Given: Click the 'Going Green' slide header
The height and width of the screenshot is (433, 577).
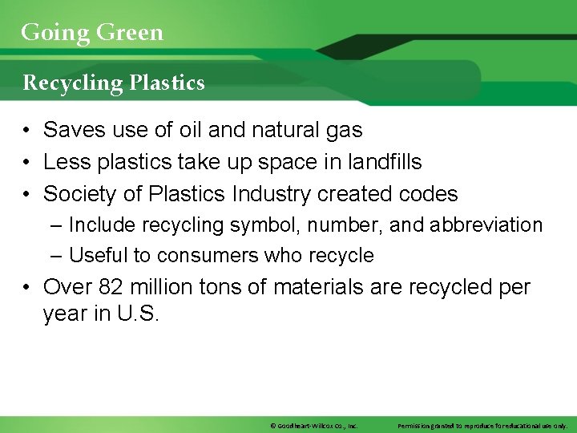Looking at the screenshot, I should click(x=91, y=32).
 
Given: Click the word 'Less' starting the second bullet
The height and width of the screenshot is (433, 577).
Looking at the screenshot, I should click(x=65, y=162).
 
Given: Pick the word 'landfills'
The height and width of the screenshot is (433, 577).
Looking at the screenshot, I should click(x=385, y=162).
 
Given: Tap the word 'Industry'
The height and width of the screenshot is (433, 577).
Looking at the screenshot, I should click(x=272, y=194).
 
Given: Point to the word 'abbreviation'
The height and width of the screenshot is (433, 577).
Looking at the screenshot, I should click(x=486, y=225).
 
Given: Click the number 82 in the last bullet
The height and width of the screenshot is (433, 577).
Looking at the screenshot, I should click(x=108, y=287).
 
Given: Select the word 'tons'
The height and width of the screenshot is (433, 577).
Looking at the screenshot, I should click(x=218, y=287).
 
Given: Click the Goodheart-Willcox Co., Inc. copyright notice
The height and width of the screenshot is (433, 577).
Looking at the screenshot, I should click(x=313, y=425).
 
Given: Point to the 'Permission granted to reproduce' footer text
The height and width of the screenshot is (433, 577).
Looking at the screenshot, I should click(x=482, y=425).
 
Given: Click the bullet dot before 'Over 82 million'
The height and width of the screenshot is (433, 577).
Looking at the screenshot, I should click(x=26, y=288).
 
